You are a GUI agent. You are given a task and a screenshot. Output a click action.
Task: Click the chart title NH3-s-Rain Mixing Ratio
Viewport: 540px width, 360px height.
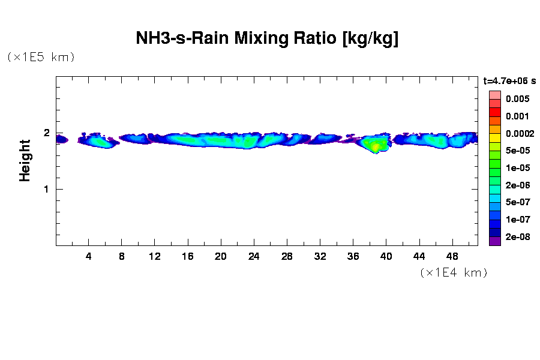coord(267,39)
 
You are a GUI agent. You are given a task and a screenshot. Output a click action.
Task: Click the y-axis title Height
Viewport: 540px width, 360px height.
coord(25,160)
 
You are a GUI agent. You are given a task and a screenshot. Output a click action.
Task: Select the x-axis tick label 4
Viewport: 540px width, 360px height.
coord(89,256)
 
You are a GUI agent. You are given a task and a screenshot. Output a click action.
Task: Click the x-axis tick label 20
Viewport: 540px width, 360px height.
coord(221,256)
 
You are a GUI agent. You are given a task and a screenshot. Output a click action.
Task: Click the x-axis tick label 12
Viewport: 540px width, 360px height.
coord(155,256)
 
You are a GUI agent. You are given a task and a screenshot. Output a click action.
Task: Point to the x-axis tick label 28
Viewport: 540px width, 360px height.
coord(287,256)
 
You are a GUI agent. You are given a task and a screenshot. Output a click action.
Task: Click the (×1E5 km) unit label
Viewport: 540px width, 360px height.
coord(41,58)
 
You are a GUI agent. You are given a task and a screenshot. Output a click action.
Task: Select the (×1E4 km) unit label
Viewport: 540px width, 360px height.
coord(453,273)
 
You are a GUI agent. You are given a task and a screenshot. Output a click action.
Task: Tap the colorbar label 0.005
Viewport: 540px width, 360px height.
coord(517,99)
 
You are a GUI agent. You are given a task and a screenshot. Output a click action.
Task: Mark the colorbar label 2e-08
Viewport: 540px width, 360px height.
coord(517,237)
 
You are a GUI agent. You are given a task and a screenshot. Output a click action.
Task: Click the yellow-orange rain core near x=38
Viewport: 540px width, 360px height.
coord(376,146)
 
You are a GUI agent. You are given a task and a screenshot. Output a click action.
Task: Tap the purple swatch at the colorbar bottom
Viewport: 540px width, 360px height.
coord(494,241)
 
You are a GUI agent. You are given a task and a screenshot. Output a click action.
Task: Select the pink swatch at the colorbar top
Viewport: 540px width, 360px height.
coord(494,95)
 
